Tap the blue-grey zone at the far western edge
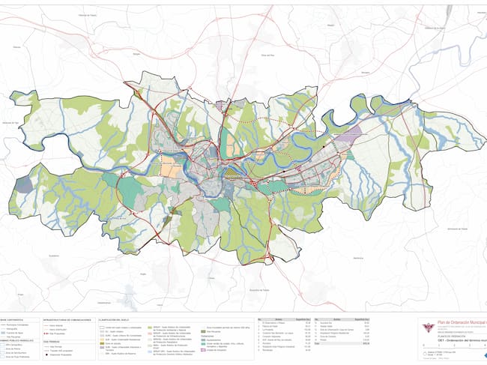(x=24, y=184)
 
